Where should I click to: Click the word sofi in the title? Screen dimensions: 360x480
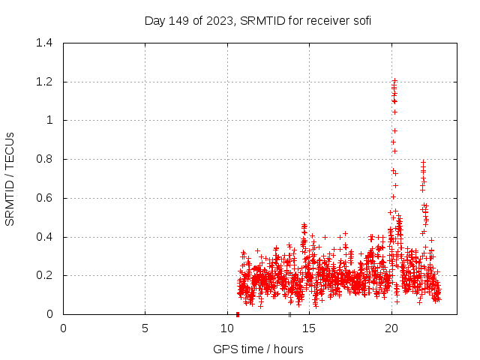point(360,20)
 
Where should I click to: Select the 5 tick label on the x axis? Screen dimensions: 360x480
point(145,328)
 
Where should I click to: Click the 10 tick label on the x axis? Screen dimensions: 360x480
point(227,328)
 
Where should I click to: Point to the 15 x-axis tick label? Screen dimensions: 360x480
point(309,328)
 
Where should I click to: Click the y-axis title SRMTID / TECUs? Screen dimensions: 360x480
point(10,178)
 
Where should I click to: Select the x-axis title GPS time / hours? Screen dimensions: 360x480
point(258,349)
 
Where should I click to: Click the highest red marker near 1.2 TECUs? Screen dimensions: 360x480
point(394,80)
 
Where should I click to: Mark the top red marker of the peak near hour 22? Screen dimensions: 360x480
point(423,162)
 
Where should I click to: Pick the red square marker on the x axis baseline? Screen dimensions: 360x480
point(238,313)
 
